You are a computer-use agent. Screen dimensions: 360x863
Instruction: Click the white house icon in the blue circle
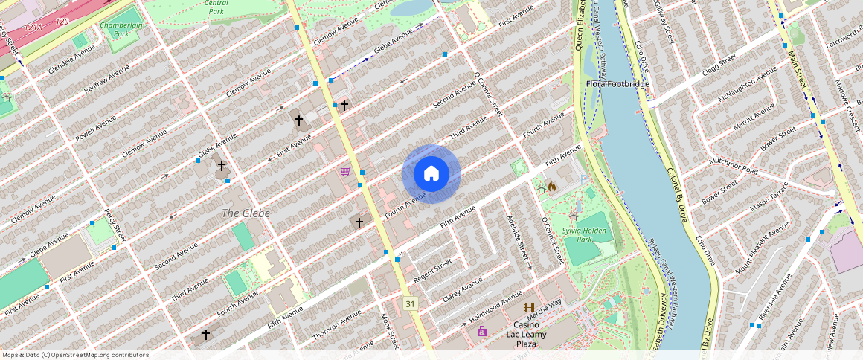tap(431, 173)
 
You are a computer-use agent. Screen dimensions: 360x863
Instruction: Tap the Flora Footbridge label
tap(617, 84)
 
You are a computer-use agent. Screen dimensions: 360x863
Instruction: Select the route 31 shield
tap(410, 303)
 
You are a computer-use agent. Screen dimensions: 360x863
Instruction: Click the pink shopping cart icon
tap(345, 171)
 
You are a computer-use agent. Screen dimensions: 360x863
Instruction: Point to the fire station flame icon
tap(551, 187)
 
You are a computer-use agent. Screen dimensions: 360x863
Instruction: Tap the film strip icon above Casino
tap(528, 307)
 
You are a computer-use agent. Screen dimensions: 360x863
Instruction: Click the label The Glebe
tap(246, 213)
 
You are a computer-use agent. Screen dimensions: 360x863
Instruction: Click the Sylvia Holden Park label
tap(586, 235)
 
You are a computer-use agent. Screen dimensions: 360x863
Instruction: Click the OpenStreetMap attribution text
tap(75, 355)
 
